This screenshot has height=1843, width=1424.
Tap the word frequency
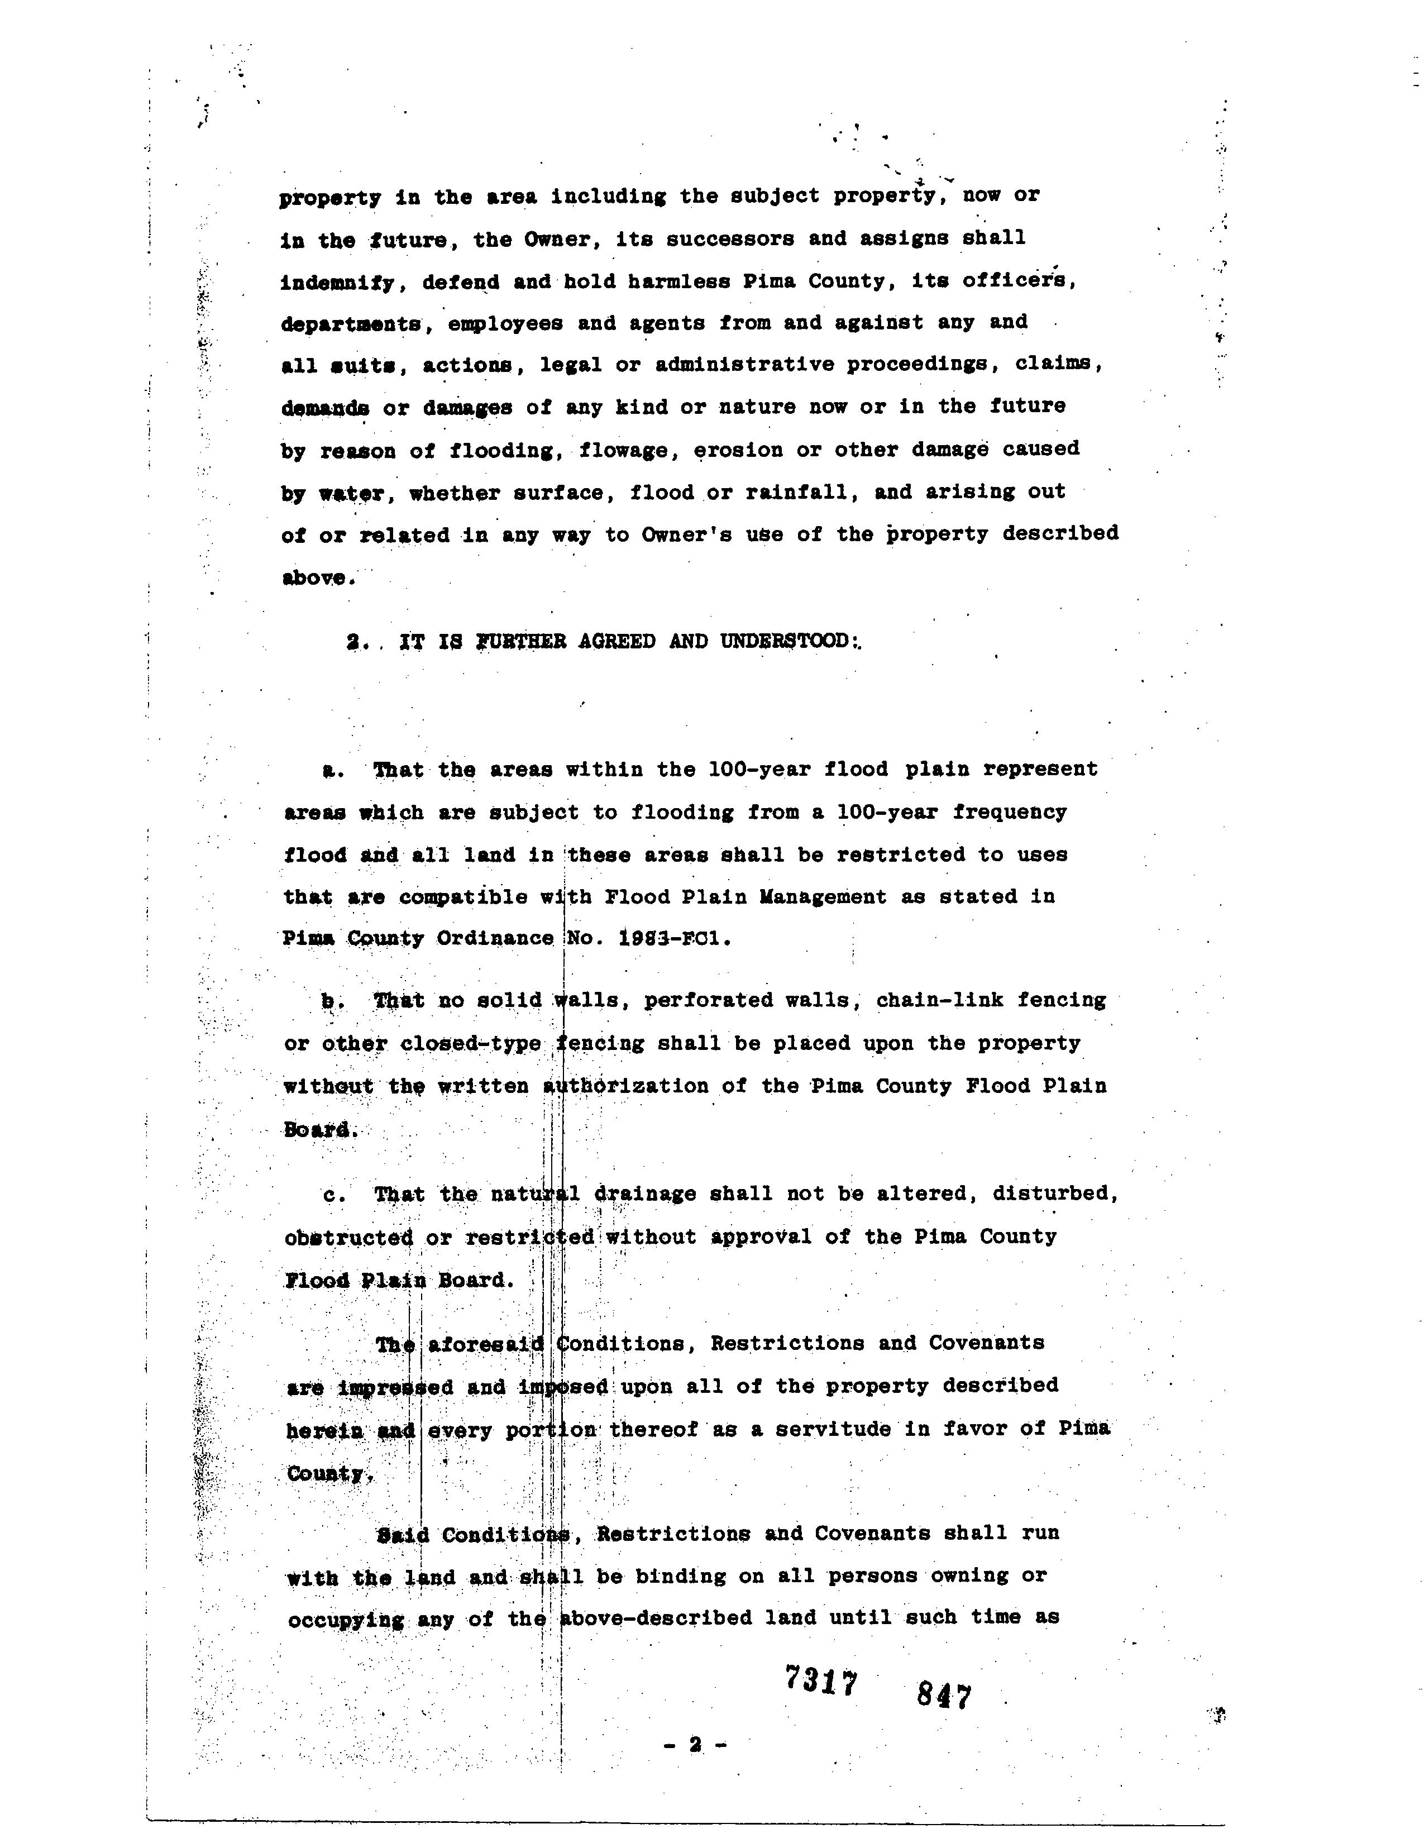tap(1010, 812)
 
